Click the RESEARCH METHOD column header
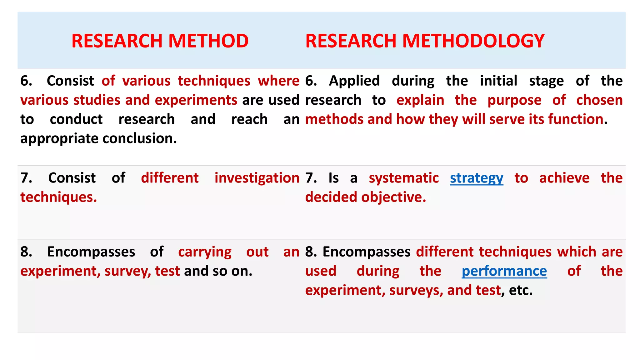click(x=160, y=41)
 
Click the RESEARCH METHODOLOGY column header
click(x=425, y=41)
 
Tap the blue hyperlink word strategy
click(x=477, y=178)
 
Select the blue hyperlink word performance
click(x=504, y=271)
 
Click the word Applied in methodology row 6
click(x=354, y=81)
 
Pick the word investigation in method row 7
click(x=257, y=178)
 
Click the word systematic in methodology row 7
click(x=404, y=178)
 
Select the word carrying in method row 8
click(x=205, y=252)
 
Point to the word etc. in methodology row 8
click(x=521, y=290)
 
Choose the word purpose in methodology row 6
click(x=514, y=100)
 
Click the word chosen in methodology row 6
click(x=599, y=100)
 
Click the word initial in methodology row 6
click(x=498, y=81)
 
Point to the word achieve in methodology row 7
click(x=564, y=178)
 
